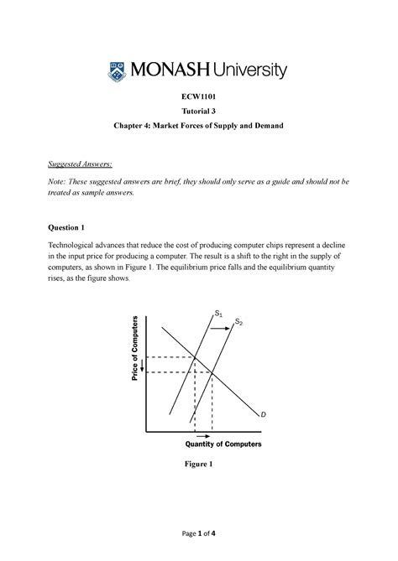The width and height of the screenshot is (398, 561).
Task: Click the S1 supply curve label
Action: coord(218,314)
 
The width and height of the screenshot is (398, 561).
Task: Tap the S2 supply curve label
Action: coord(238,322)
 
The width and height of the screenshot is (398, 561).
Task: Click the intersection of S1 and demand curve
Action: coord(196,357)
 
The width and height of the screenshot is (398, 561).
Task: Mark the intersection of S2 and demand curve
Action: coord(211,371)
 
